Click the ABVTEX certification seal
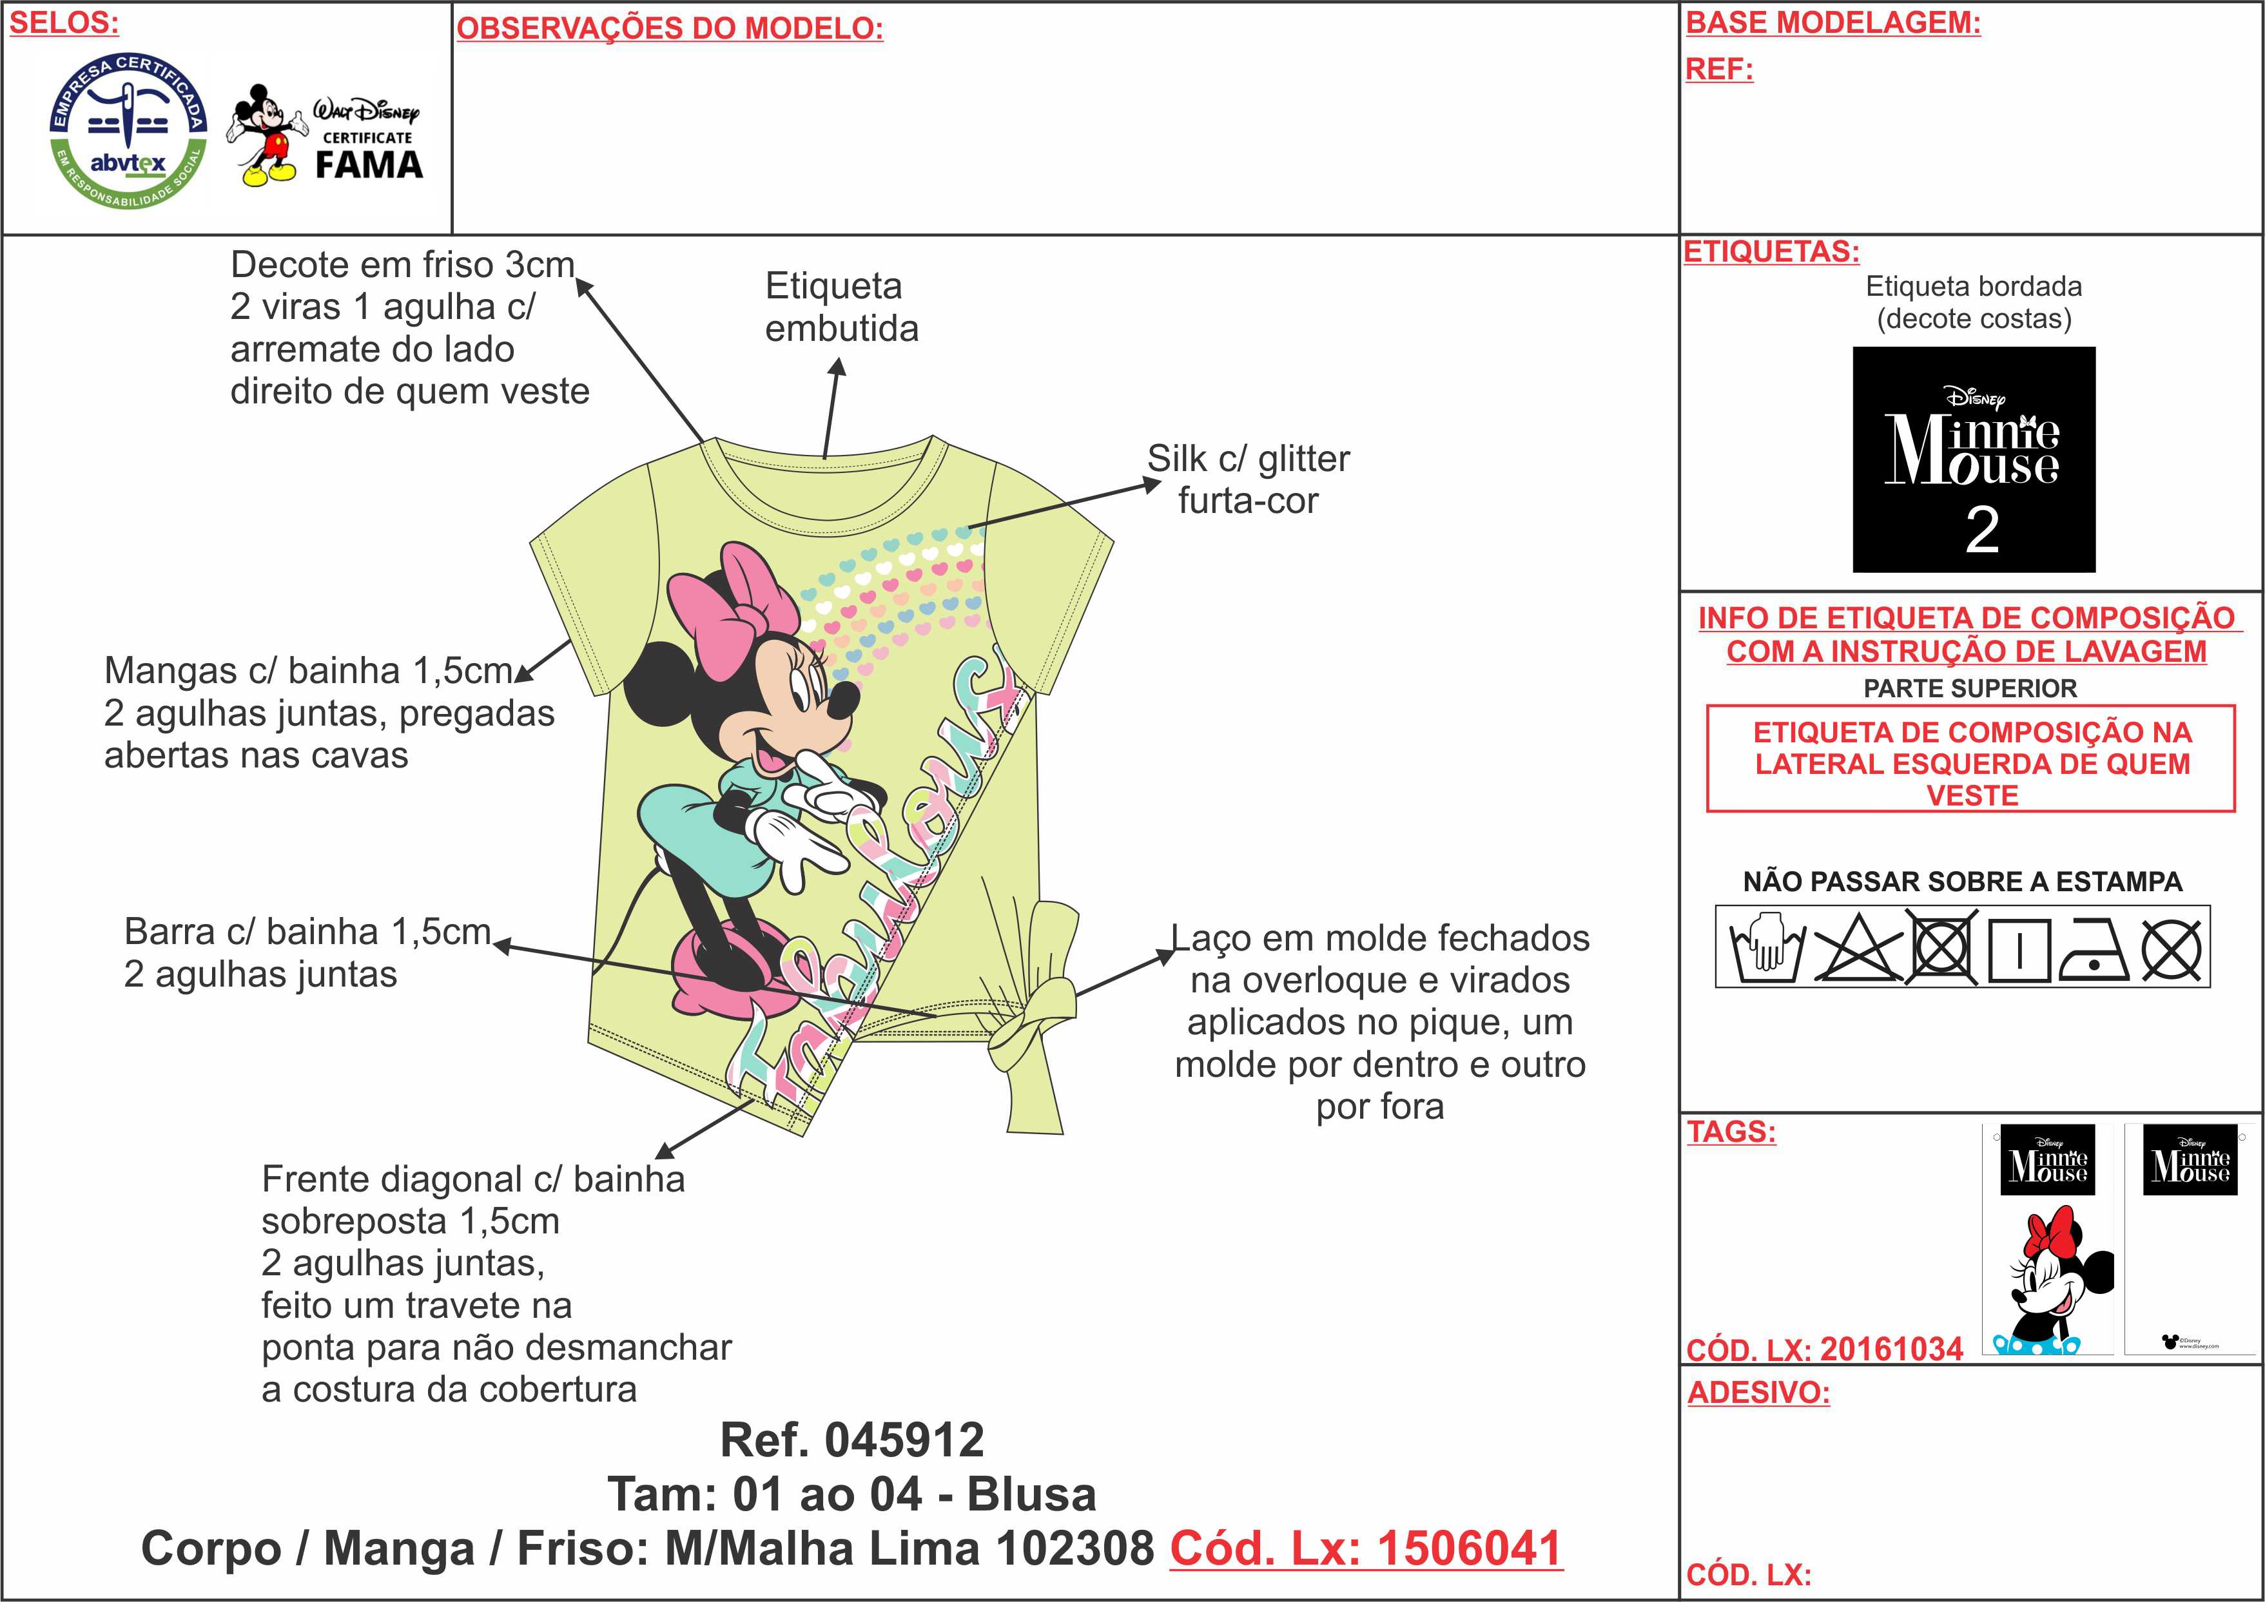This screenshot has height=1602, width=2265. tap(128, 131)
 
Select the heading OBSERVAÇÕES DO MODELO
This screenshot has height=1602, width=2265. tap(670, 28)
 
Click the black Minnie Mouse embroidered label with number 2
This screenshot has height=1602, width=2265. tap(1973, 459)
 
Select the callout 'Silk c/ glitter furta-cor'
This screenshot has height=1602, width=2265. tap(1248, 479)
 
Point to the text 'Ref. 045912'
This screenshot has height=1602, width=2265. tap(852, 1440)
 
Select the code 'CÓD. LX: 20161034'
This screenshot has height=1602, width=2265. tap(1824, 1349)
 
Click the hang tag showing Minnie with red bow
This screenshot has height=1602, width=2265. tap(2048, 1239)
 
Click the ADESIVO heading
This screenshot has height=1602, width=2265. tap(1758, 1392)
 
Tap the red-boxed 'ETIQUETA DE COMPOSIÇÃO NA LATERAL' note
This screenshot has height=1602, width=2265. tap(1971, 762)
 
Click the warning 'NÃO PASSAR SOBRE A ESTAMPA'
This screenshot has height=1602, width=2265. tap(1962, 881)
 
